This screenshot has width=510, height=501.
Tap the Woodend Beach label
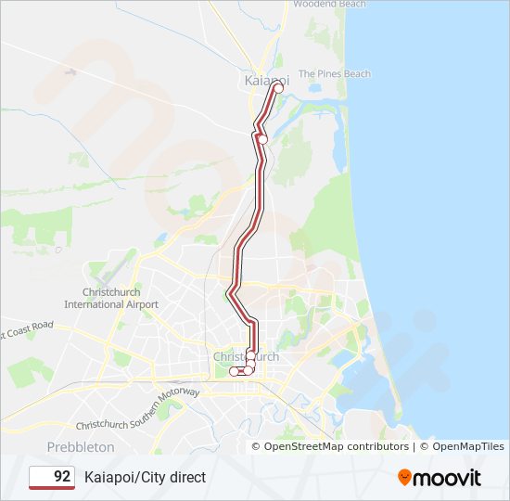(x=329, y=5)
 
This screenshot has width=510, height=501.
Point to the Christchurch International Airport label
(x=110, y=298)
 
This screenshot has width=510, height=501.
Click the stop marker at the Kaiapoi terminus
(x=278, y=88)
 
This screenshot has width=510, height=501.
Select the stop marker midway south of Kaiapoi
(x=262, y=139)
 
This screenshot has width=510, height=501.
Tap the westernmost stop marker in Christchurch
(x=234, y=371)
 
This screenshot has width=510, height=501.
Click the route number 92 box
(x=52, y=477)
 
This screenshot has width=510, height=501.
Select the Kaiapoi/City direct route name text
(x=146, y=477)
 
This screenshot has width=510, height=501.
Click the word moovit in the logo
(x=448, y=478)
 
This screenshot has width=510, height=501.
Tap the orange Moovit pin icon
(x=405, y=478)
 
